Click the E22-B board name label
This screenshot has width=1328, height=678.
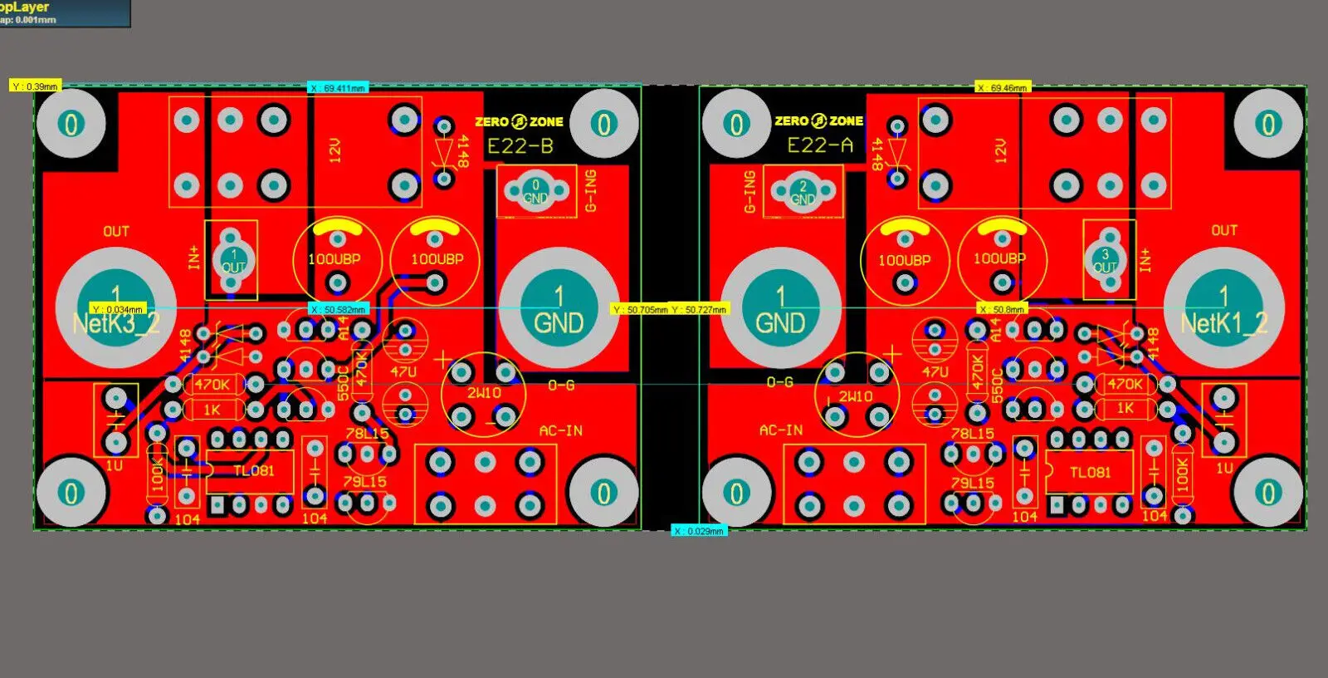click(x=520, y=147)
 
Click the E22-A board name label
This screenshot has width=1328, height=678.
click(x=820, y=146)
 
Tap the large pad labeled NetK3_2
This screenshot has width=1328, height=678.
click(x=115, y=309)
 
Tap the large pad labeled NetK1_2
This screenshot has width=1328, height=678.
click(x=1224, y=309)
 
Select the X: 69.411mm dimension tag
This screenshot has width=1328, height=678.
click(x=338, y=88)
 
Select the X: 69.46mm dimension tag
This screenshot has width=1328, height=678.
click(x=1002, y=87)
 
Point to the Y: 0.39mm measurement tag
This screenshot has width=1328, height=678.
click(x=35, y=86)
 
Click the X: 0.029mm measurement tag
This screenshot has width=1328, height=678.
click(x=699, y=530)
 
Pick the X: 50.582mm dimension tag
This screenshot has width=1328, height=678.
click(x=338, y=309)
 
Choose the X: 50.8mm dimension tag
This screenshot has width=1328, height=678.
click(x=1002, y=309)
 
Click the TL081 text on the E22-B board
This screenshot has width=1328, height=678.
click(x=253, y=471)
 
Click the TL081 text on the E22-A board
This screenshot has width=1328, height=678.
click(x=1090, y=472)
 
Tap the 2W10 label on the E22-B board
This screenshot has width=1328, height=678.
click(x=483, y=393)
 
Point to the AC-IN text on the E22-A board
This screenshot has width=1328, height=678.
click(x=781, y=430)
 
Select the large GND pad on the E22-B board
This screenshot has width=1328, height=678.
click(x=559, y=309)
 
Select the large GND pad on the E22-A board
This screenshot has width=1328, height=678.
click(x=780, y=309)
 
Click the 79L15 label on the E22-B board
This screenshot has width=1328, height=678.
click(x=365, y=481)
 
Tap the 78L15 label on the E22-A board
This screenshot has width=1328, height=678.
click(x=972, y=434)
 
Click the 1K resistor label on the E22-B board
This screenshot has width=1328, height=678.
click(x=212, y=410)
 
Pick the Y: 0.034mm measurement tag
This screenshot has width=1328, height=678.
click(x=119, y=309)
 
